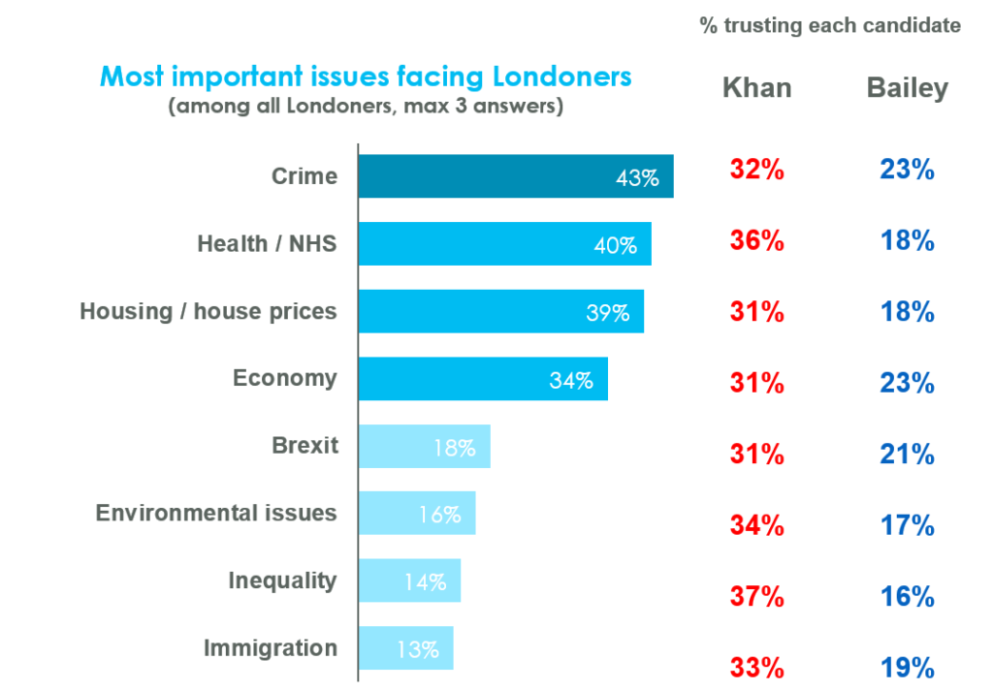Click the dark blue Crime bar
click(515, 176)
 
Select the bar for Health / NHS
click(504, 244)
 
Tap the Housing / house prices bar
click(500, 311)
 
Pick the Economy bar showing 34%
click(482, 379)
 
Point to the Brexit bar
click(424, 447)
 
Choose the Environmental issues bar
click(417, 514)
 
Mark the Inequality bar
click(409, 581)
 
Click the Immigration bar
click(405, 648)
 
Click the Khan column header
click(756, 88)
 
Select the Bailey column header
click(907, 88)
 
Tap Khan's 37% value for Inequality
click(756, 597)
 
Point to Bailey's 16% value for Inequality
click(907, 597)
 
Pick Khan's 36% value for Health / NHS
click(756, 240)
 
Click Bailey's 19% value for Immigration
click(907, 668)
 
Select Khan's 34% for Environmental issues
click(756, 525)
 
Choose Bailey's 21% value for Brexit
click(907, 455)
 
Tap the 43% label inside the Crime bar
click(637, 178)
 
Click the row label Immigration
click(270, 648)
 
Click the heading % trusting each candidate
click(830, 26)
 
